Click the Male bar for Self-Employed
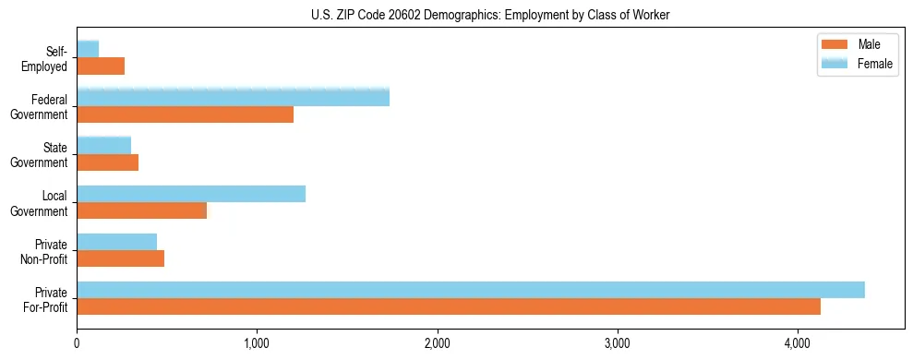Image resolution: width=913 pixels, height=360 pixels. [x=101, y=66]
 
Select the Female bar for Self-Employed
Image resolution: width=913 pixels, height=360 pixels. [x=88, y=49]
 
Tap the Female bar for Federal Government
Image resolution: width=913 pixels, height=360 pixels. [x=233, y=97]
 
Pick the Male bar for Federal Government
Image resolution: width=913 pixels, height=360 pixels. [x=185, y=114]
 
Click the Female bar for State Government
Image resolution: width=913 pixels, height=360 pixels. [x=103, y=145]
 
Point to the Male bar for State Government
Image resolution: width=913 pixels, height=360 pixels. [x=107, y=162]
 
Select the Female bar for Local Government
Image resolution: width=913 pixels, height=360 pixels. [x=191, y=194]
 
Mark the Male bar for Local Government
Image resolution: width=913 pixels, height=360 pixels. [x=141, y=210]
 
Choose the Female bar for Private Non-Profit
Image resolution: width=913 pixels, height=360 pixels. [x=116, y=242]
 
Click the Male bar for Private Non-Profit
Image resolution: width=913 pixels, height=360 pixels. [x=120, y=258]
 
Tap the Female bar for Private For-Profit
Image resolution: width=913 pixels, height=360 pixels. [x=471, y=290]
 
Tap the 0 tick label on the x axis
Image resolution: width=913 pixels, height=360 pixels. [x=77, y=343]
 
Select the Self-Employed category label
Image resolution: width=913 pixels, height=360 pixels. [x=50, y=58]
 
